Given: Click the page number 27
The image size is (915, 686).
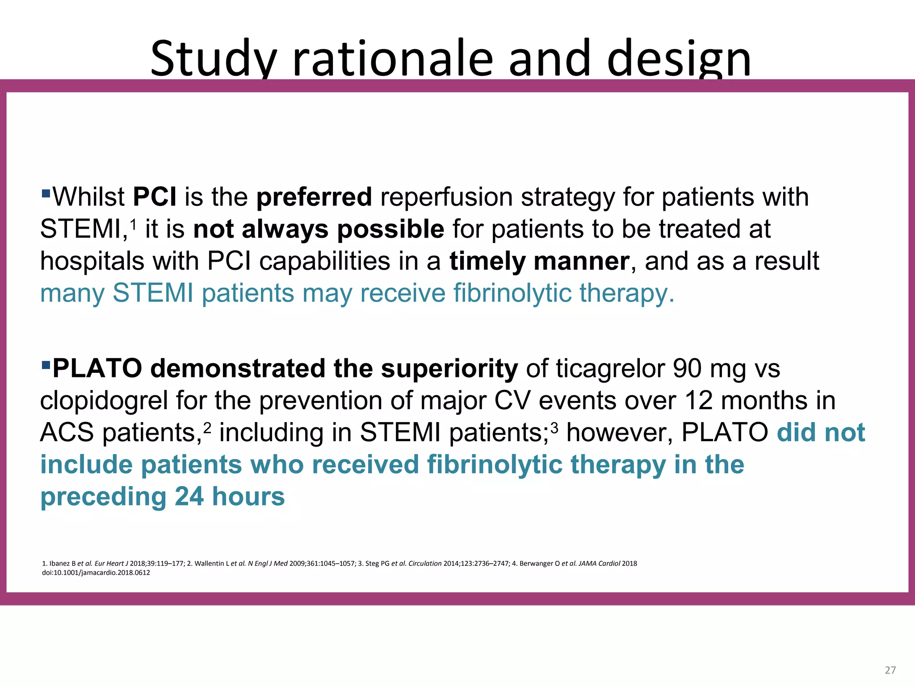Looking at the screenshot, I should click(x=890, y=670).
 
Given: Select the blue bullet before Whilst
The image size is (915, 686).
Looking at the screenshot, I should click(x=45, y=193).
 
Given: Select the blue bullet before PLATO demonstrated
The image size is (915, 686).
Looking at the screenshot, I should click(x=45, y=365).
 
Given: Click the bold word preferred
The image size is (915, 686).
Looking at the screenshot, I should click(x=314, y=197).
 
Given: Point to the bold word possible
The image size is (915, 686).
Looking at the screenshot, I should click(x=390, y=229).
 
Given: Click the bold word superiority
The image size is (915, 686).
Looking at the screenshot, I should click(x=449, y=368).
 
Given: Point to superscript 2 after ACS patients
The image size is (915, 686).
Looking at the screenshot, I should click(x=207, y=427).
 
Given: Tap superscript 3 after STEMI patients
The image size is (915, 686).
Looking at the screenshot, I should click(x=554, y=427).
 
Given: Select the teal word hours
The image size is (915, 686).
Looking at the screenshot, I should click(x=248, y=497).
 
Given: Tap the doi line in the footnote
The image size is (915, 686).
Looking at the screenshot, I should click(x=96, y=573).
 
